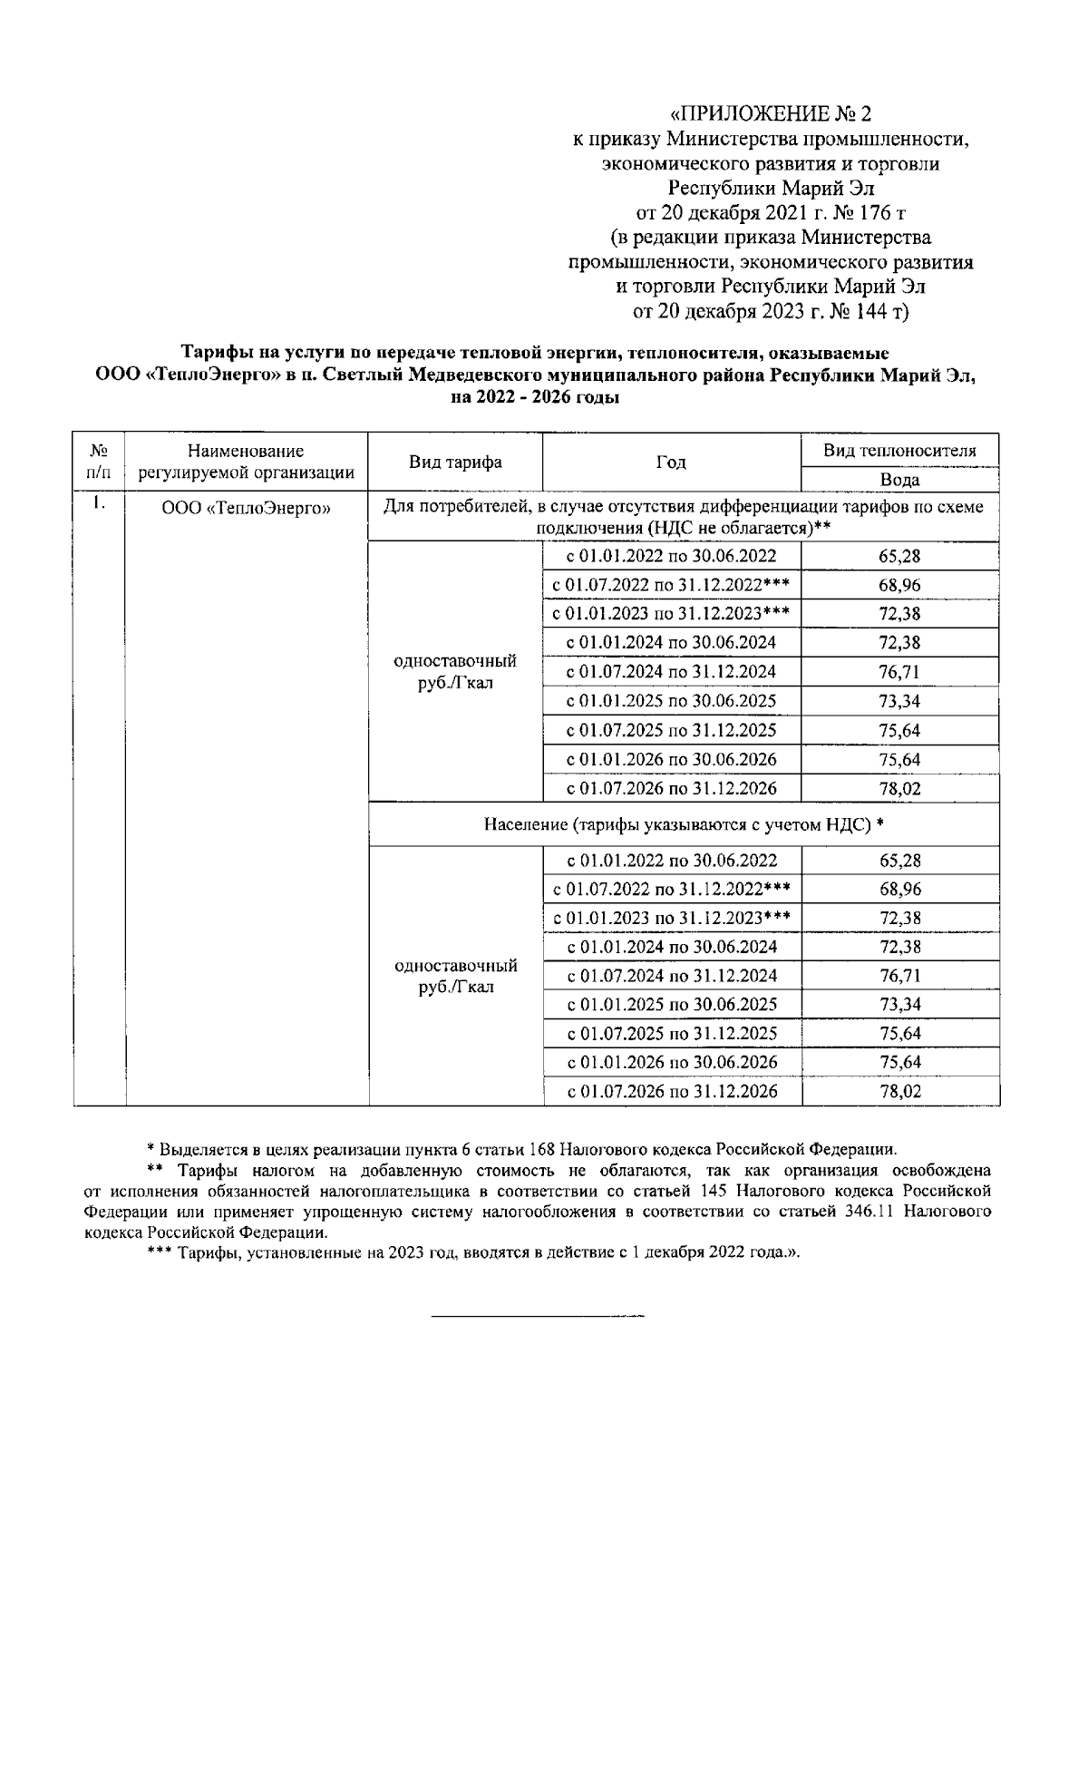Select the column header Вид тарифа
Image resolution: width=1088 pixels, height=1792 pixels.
(x=455, y=463)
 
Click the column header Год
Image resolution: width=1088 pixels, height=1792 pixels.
(x=671, y=463)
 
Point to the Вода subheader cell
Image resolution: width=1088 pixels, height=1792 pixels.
(x=899, y=480)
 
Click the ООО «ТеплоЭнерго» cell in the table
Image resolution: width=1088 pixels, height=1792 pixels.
(x=247, y=509)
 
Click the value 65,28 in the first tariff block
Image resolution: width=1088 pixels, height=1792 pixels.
(x=899, y=557)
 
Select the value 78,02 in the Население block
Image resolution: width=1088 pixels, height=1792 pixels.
(x=899, y=1092)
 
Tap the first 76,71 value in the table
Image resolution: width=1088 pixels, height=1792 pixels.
(x=899, y=672)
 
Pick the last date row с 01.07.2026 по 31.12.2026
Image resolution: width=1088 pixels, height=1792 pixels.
(x=672, y=1092)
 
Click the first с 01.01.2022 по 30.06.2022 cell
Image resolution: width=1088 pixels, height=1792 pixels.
(x=672, y=557)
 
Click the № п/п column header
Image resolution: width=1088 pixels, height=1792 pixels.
(x=100, y=462)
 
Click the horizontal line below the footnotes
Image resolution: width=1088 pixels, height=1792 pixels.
(x=537, y=1314)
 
